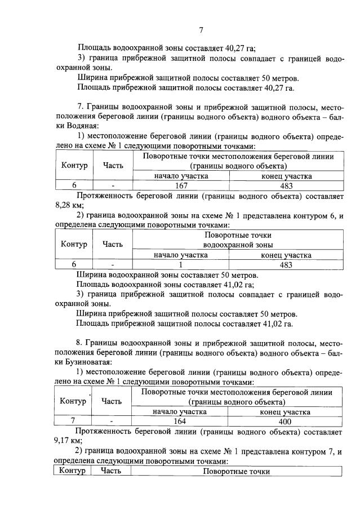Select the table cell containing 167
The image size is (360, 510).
tap(181, 185)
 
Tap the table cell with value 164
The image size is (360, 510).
tap(180, 421)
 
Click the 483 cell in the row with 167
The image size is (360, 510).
tap(286, 185)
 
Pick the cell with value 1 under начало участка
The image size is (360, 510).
tap(181, 264)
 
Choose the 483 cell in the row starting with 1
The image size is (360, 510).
tap(286, 264)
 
